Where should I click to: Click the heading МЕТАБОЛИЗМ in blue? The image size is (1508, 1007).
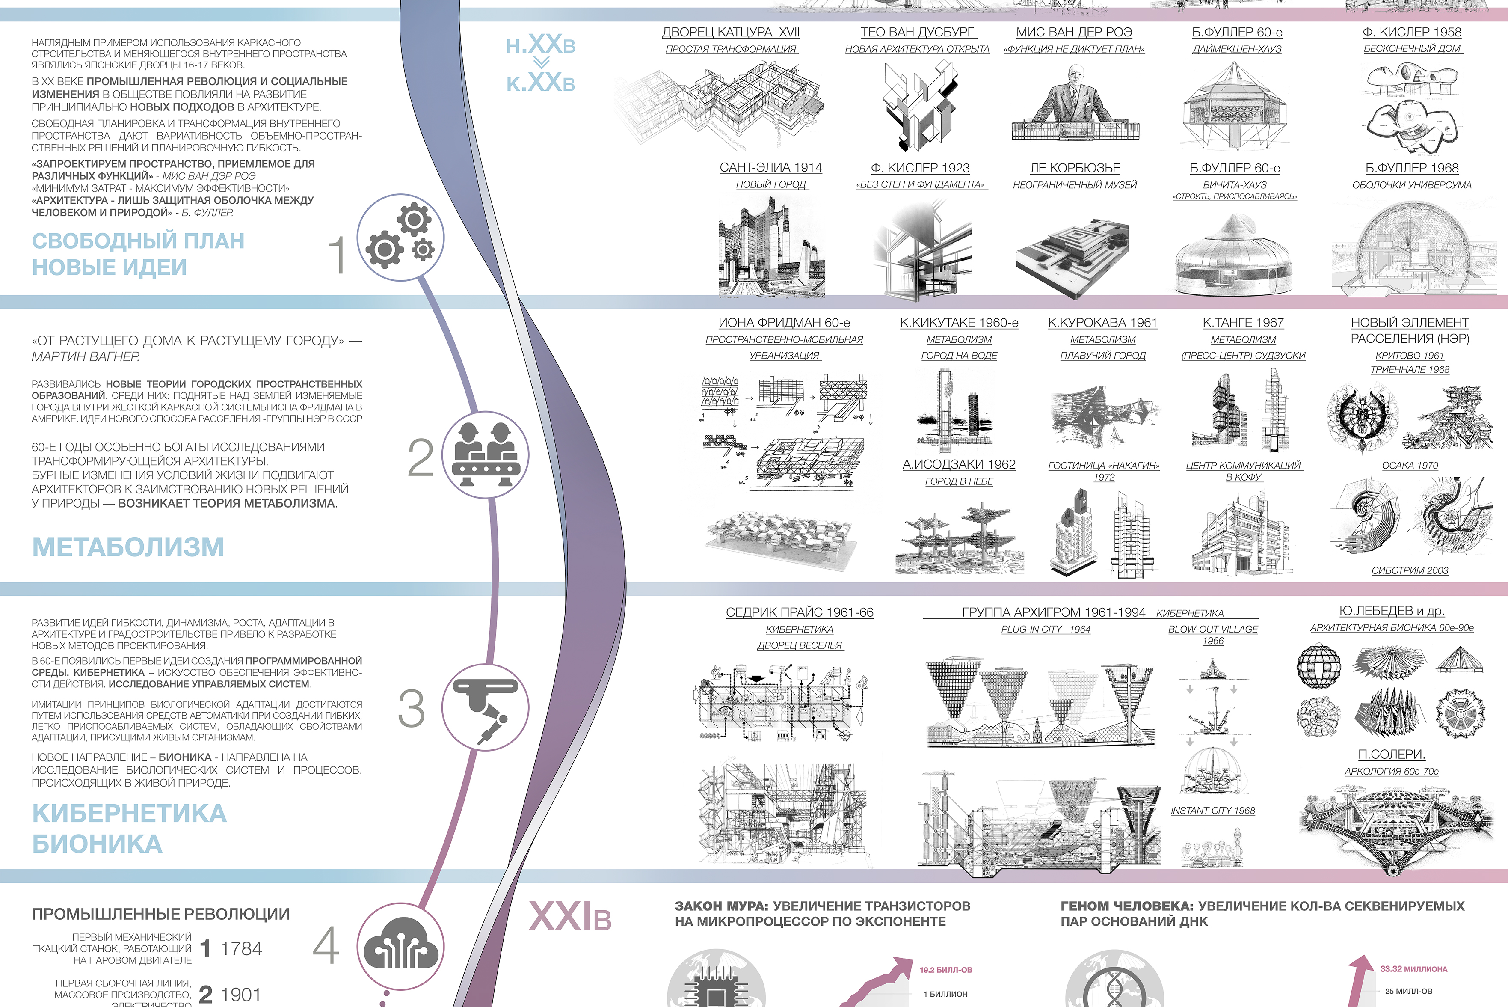click(x=128, y=547)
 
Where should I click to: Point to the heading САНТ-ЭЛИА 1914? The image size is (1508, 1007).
click(x=770, y=168)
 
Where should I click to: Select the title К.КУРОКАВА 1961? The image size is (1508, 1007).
click(x=1102, y=322)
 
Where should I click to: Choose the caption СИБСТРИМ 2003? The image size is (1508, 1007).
click(x=1410, y=570)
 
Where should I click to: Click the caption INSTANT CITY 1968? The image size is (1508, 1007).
click(x=1213, y=811)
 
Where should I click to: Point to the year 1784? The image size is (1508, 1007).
click(x=241, y=948)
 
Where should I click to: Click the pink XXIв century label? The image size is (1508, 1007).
click(x=569, y=916)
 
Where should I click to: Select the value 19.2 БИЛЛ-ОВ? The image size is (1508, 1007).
click(x=945, y=970)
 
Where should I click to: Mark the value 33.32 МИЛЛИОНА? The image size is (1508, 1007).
click(x=1413, y=968)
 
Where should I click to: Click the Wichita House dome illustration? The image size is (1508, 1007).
click(x=1233, y=257)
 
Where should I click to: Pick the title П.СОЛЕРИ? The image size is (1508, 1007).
click(x=1391, y=754)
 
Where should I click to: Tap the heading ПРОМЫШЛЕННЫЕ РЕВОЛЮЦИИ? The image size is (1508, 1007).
click(x=160, y=914)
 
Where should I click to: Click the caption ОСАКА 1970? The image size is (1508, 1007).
click(x=1410, y=465)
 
